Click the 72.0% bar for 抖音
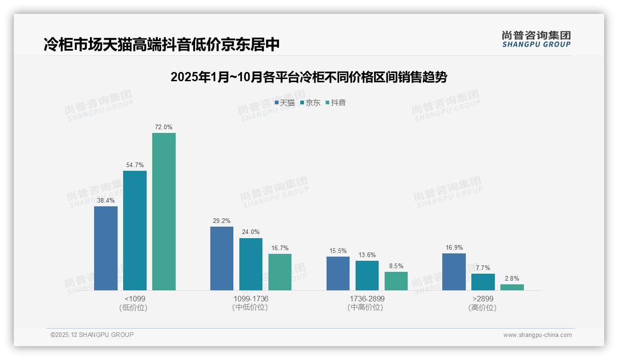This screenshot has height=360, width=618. pyautogui.click(x=164, y=211)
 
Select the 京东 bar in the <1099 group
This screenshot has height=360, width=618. pyautogui.click(x=135, y=230)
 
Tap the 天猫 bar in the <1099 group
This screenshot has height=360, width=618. pyautogui.click(x=106, y=248)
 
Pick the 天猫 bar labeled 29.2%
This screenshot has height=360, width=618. pyautogui.click(x=222, y=258)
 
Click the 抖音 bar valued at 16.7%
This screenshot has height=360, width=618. pyautogui.click(x=280, y=272)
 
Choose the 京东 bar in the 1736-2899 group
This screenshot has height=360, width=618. pyautogui.click(x=367, y=275)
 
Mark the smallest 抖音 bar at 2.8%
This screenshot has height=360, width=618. pyautogui.click(x=512, y=287)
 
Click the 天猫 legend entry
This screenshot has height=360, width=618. pyautogui.click(x=285, y=103)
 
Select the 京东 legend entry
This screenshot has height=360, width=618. pyautogui.click(x=310, y=103)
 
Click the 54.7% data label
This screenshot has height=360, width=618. pyautogui.click(x=135, y=165)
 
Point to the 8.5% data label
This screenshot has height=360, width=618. pyautogui.click(x=396, y=266)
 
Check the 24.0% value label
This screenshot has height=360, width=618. pyautogui.click(x=251, y=232)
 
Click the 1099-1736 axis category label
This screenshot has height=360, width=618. pyautogui.click(x=251, y=299)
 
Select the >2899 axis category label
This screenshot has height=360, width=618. pyautogui.click(x=483, y=299)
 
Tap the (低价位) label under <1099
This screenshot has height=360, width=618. pyautogui.click(x=133, y=308)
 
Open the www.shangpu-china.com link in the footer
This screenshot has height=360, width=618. pyautogui.click(x=537, y=335)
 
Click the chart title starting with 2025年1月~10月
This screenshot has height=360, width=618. pyautogui.click(x=309, y=77)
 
